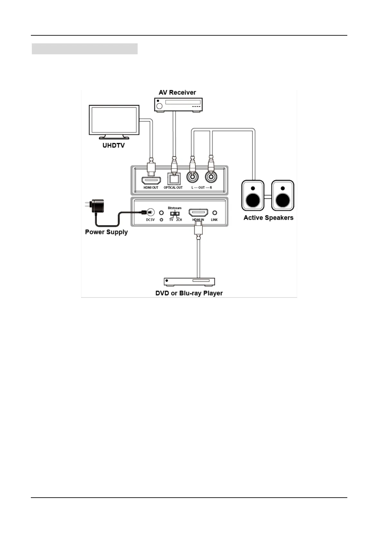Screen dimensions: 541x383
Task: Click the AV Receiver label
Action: click(177, 93)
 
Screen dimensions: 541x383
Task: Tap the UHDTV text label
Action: click(114, 146)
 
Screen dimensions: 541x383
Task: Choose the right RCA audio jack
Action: click(211, 177)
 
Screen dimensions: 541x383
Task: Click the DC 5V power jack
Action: click(150, 212)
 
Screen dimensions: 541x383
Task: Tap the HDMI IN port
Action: click(198, 212)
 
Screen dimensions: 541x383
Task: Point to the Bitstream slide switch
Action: click(175, 213)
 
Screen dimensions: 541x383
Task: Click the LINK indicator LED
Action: click(214, 213)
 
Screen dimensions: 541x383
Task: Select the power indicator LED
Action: click(161, 213)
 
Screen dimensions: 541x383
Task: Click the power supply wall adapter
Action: click(96, 206)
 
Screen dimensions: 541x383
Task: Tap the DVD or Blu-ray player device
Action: click(189, 282)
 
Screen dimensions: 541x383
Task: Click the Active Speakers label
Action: click(268, 218)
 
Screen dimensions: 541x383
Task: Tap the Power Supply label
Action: click(106, 232)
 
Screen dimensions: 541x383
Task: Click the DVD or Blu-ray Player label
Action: click(189, 293)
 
